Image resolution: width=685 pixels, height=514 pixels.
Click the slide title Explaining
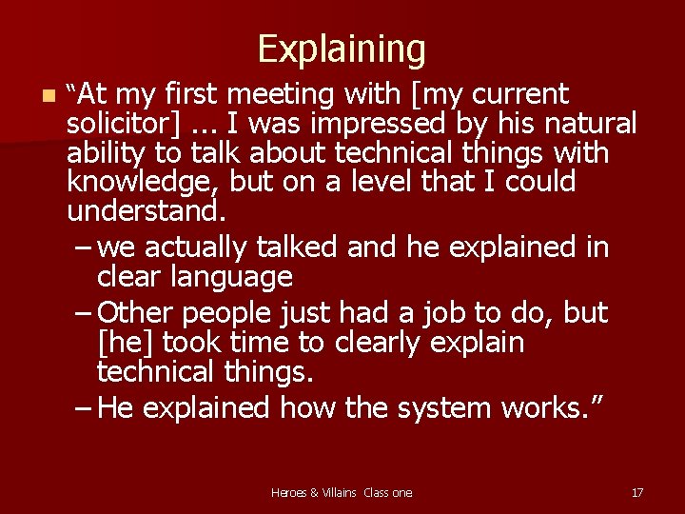[342, 49]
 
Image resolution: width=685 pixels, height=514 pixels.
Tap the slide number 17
[637, 492]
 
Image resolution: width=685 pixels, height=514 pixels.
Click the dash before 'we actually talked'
[83, 248]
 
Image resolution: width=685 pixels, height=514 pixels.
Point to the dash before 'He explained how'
[83, 409]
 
